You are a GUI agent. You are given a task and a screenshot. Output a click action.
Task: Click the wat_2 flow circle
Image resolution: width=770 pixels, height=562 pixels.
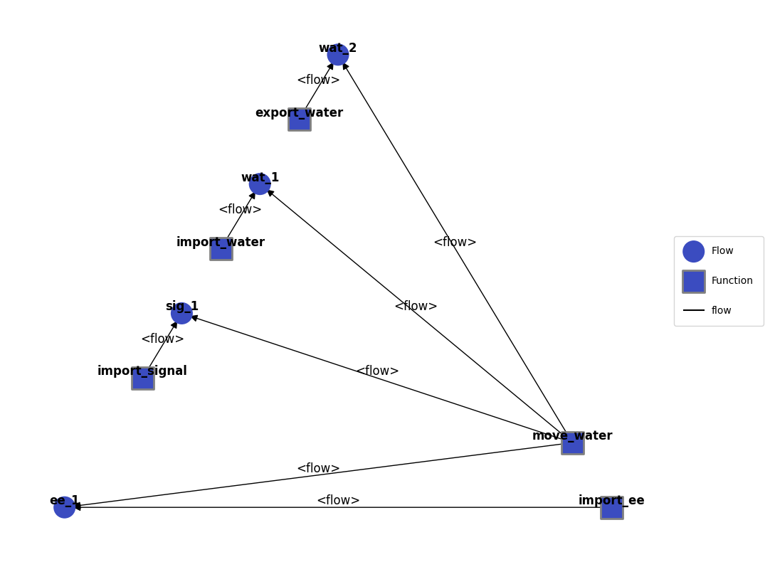tap(338, 55)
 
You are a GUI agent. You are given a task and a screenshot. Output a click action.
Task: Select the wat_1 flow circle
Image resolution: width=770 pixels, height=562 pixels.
tap(260, 184)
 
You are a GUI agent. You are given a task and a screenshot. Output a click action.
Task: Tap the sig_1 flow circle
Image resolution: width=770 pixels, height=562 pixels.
tap(181, 313)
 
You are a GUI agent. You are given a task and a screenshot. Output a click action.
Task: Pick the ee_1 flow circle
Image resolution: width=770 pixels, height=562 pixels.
tap(64, 507)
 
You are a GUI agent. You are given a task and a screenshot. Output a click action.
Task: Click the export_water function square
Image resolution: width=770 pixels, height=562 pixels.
tap(300, 120)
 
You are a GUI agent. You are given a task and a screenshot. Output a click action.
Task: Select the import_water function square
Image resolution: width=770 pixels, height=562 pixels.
tap(221, 249)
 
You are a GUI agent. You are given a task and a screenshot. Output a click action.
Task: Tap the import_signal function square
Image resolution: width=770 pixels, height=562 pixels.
tap(143, 378)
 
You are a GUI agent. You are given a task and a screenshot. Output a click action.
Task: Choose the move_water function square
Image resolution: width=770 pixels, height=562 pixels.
tap(573, 443)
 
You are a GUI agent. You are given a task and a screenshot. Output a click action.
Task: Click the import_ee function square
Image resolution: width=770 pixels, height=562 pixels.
tap(611, 507)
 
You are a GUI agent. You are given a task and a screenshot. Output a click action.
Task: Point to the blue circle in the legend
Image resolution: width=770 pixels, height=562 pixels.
tap(693, 251)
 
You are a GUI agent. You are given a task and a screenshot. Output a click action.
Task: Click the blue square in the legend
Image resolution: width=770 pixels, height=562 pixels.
tap(693, 281)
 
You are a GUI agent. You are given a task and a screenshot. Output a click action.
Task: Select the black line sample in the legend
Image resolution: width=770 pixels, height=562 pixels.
tap(693, 310)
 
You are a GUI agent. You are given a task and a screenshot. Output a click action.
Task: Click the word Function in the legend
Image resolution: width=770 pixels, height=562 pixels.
tap(732, 280)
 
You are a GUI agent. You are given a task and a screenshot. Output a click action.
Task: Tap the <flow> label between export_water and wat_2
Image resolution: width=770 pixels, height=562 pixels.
tap(318, 80)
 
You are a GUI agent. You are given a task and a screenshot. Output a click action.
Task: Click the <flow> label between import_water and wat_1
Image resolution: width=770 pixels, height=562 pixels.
tap(240, 209)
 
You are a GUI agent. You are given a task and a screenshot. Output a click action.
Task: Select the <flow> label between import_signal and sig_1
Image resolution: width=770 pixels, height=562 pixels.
tap(162, 339)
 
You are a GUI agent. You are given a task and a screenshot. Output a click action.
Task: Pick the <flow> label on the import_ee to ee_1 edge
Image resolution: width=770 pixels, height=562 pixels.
tap(338, 500)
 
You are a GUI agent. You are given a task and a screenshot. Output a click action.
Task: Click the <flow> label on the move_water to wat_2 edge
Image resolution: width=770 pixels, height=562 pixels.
tap(455, 242)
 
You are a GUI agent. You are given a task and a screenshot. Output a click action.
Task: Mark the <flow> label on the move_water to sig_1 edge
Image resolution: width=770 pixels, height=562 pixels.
tap(377, 371)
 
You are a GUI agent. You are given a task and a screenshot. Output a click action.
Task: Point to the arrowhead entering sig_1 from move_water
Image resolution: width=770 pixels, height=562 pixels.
tap(195, 319)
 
